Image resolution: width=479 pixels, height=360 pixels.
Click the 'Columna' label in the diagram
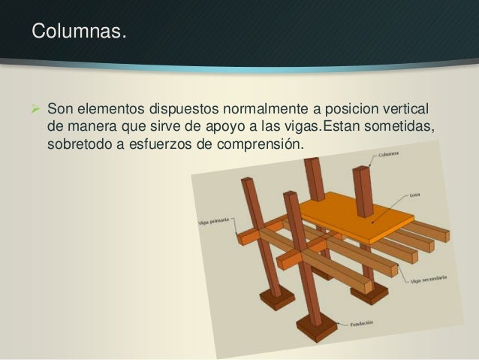[388, 156]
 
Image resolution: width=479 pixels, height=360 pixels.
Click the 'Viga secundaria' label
[429, 281]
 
